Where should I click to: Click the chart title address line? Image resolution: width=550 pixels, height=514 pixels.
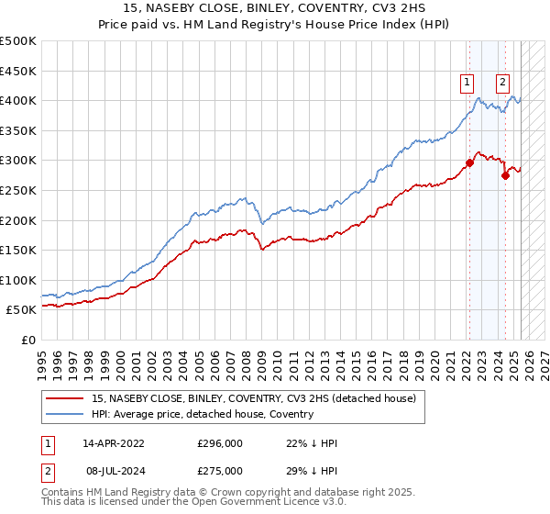(274, 9)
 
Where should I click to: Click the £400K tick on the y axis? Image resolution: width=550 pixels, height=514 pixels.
(18, 100)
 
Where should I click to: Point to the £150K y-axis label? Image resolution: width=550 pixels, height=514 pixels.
(18, 250)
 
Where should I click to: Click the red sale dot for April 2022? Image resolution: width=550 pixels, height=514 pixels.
(469, 163)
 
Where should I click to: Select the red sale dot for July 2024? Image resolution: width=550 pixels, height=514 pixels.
(505, 175)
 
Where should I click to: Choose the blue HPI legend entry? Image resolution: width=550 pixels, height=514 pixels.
(203, 414)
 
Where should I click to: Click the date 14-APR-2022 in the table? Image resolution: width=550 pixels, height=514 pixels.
(115, 442)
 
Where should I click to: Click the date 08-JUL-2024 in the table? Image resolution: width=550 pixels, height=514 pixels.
(115, 470)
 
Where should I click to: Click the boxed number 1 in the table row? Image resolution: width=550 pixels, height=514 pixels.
(47, 442)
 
